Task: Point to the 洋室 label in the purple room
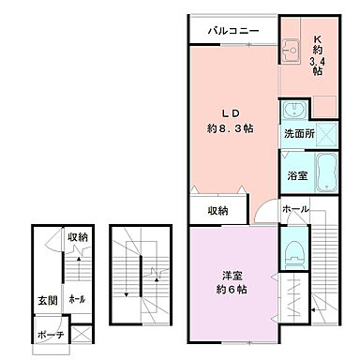(x=233, y=274)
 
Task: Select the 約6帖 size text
(x=233, y=290)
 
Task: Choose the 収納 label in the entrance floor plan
(x=77, y=237)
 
